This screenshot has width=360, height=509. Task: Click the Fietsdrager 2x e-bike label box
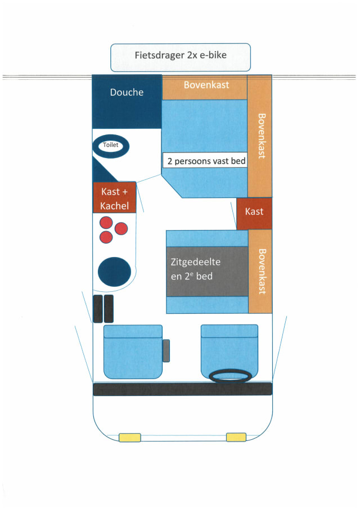(180, 57)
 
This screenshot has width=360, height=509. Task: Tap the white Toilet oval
(111, 145)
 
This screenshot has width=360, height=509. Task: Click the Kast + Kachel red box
(115, 198)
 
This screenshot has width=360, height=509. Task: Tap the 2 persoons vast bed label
(206, 161)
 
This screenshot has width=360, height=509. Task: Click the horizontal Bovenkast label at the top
(204, 86)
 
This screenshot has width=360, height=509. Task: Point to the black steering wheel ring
(230, 376)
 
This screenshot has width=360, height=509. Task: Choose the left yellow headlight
(129, 438)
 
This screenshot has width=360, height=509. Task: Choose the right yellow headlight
(236, 437)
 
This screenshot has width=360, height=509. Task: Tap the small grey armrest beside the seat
(166, 351)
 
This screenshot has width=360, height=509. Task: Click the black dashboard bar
(182, 389)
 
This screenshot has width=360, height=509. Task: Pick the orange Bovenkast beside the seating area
(260, 271)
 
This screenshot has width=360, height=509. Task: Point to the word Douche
(127, 92)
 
